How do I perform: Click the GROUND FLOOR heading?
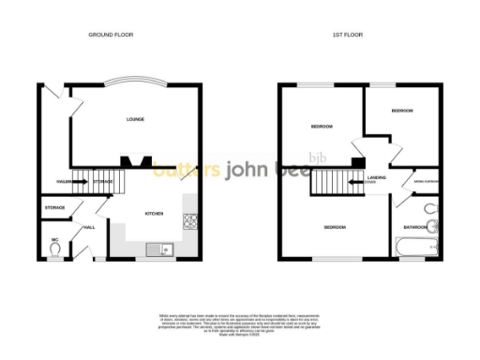[111, 35]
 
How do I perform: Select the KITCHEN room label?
[154, 214]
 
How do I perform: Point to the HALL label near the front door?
[90, 228]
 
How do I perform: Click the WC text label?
[55, 240]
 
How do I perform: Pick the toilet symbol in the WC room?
[55, 250]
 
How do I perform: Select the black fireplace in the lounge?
[141, 160]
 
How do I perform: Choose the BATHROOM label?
[415, 227]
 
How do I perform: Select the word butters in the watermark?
[187, 170]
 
